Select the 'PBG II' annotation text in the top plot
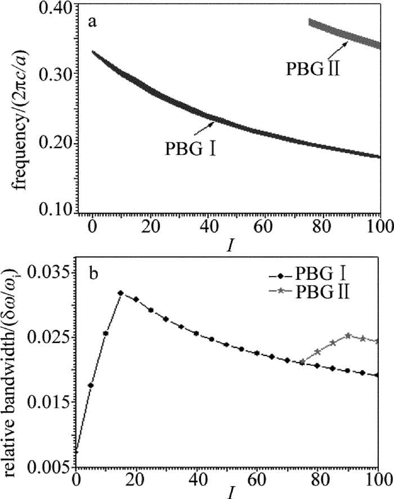(312, 69)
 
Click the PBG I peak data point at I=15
(120, 293)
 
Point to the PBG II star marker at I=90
(348, 335)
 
